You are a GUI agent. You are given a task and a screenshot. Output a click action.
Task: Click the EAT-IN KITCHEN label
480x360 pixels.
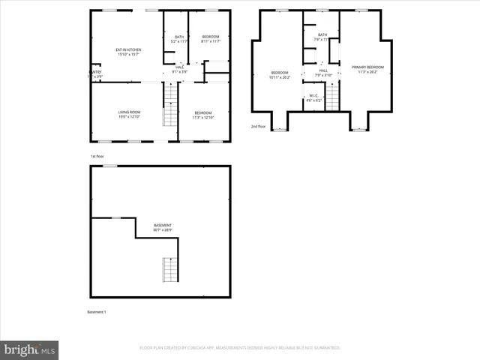[128, 52]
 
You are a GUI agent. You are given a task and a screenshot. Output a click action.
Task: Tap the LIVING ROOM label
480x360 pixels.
[128, 115]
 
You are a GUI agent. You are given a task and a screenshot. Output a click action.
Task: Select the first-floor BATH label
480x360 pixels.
[179, 39]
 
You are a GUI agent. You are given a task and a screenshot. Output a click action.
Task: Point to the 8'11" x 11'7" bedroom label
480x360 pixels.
[210, 39]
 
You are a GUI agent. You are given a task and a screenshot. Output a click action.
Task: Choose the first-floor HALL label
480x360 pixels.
[180, 70]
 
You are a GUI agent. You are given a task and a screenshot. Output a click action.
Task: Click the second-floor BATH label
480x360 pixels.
[322, 37]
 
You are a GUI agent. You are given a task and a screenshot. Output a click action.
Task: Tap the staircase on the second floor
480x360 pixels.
[331, 97]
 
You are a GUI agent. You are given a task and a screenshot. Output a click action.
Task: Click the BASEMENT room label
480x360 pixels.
[163, 227]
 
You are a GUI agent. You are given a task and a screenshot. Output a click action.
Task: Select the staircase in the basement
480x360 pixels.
[170, 269]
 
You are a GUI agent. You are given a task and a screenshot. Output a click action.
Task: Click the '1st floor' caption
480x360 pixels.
[96, 156]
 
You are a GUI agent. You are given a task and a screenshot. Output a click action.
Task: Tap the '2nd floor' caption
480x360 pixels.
[258, 127]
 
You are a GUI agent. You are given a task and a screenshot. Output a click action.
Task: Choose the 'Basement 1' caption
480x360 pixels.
[97, 312]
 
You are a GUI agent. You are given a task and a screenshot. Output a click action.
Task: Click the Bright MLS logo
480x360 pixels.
[30, 349]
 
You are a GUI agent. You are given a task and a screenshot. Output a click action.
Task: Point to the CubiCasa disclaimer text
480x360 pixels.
[240, 348]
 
